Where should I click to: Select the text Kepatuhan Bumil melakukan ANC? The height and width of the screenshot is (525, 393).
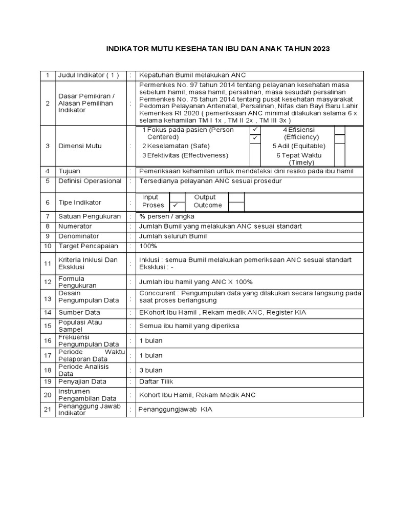click(192, 75)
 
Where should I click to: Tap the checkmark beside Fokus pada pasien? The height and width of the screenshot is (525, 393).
click(254, 130)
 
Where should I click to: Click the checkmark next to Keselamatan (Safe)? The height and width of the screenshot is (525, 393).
click(254, 138)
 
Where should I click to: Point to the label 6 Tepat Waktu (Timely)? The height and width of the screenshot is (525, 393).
click(301, 158)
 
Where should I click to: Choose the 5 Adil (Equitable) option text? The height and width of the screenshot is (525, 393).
click(301, 146)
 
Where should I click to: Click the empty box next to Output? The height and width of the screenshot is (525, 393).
click(236, 197)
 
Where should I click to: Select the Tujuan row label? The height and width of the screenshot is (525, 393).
click(70, 171)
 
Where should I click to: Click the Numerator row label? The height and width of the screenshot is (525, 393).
click(75, 226)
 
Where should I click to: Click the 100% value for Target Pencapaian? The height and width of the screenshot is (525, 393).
click(148, 246)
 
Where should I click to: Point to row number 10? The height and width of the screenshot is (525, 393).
click(48, 246)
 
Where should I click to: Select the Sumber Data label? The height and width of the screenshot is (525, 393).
click(79, 312)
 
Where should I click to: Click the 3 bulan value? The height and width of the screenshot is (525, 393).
click(151, 370)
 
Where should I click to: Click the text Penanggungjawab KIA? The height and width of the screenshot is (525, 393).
click(176, 410)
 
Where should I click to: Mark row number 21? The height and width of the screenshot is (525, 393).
click(48, 409)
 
